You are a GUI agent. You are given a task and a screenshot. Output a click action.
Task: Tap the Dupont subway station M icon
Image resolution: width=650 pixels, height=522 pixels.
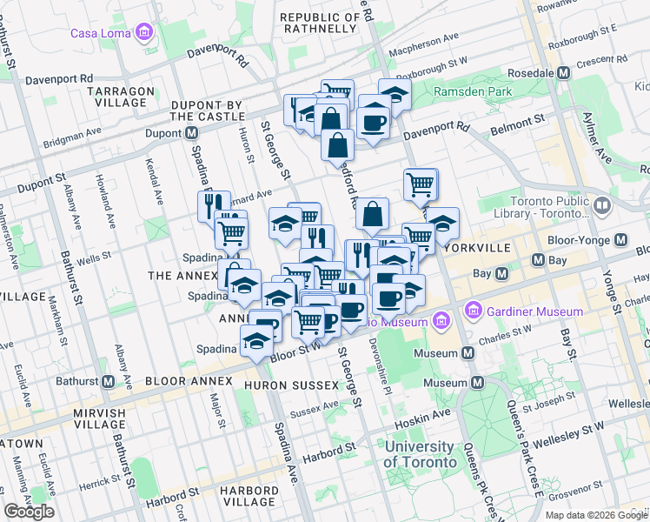tap(190, 134)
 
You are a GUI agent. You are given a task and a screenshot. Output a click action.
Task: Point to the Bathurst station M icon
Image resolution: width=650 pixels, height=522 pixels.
tap(109, 381)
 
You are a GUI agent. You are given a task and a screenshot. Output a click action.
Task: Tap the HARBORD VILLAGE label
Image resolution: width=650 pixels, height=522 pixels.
tap(249, 496)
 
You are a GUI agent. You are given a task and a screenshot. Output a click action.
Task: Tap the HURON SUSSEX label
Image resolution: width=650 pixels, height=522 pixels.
tap(292, 384)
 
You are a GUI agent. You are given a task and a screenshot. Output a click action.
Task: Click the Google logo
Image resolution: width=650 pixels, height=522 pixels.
tap(29, 512)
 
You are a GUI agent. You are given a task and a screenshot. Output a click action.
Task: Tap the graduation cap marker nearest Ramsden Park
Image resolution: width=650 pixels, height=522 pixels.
tap(395, 95)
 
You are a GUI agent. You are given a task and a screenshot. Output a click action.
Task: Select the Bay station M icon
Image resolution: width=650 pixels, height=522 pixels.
tap(501, 274)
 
